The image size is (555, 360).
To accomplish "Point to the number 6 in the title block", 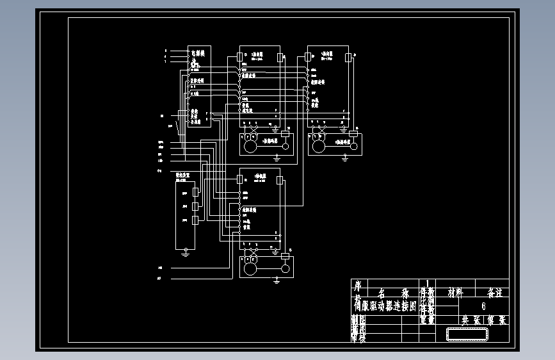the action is click(483, 306).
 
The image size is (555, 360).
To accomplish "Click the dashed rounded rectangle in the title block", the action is click(467, 334).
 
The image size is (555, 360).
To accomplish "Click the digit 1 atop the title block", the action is click(428, 282).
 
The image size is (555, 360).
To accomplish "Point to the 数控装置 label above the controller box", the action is click(183, 174).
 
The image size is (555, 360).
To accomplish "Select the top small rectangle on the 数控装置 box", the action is click(195, 192).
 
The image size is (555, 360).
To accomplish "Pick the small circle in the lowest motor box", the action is click(286, 268).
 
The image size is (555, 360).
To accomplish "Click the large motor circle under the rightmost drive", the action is click(318, 147).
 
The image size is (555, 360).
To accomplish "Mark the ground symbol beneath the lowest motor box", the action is click(276, 280).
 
